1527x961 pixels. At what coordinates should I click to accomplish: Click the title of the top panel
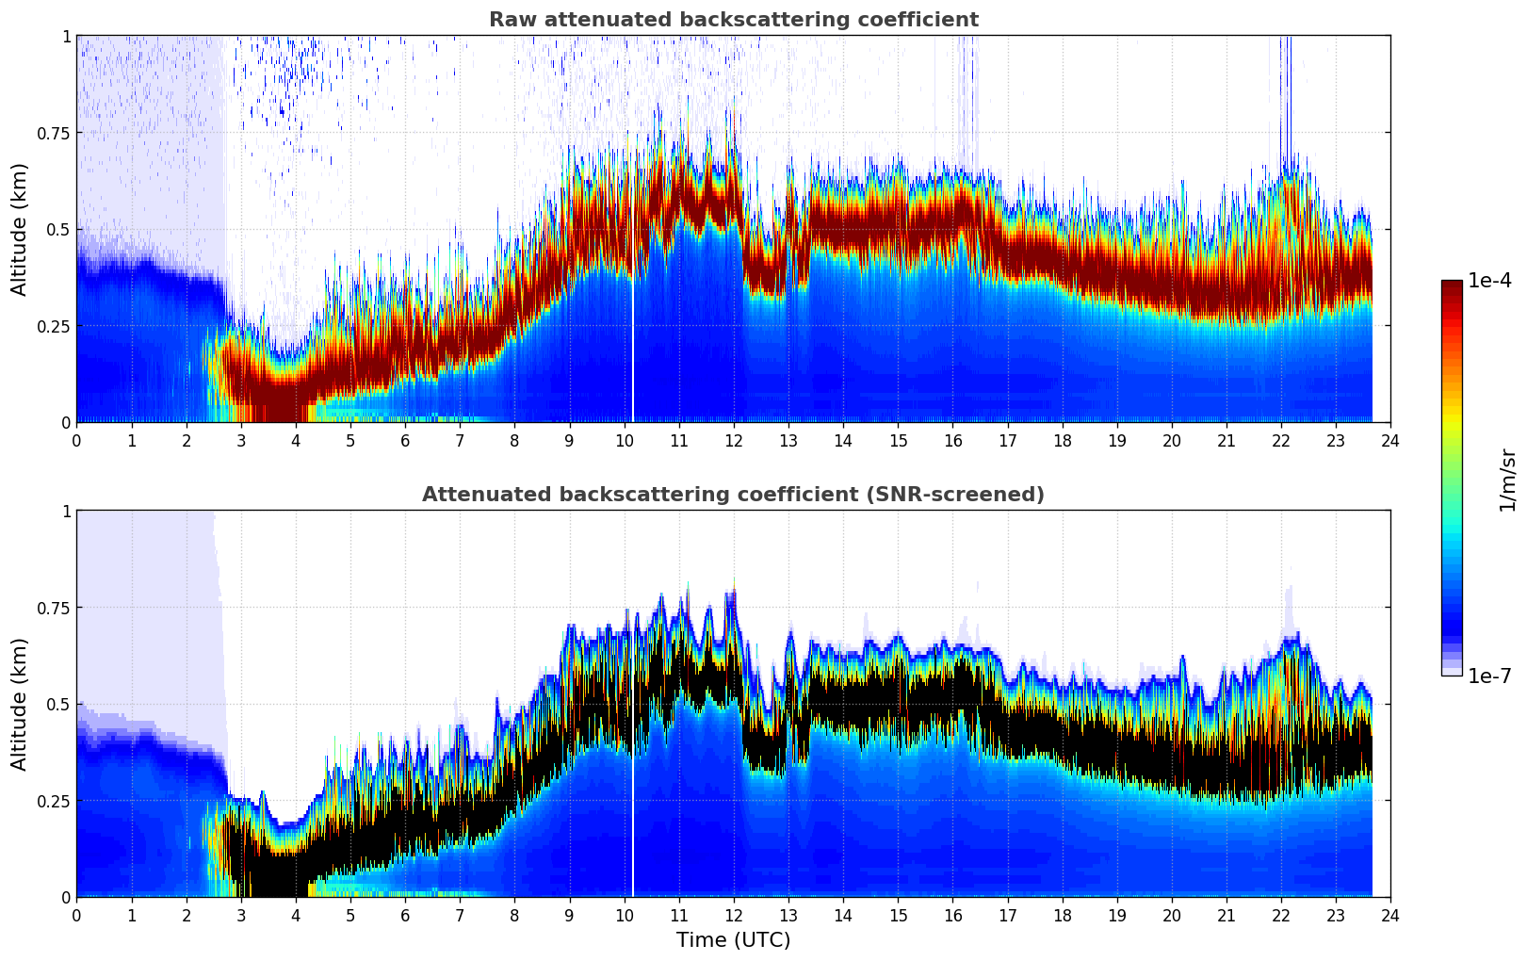(733, 20)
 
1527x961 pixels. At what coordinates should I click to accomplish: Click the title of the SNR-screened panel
(733, 495)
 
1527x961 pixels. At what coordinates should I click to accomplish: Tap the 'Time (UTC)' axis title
(733, 940)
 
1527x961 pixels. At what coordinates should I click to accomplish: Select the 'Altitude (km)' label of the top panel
(20, 229)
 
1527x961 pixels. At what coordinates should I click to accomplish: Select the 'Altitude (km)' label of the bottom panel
(20, 704)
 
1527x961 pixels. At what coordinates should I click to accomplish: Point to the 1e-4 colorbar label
(1489, 281)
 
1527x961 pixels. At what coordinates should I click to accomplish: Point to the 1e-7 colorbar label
(1489, 676)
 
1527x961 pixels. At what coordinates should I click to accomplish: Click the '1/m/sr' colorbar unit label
(1507, 480)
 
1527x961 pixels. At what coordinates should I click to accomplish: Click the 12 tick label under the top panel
(734, 440)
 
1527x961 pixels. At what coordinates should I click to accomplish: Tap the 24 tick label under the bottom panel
(1390, 915)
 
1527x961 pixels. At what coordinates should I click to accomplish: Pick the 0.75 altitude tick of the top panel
(54, 133)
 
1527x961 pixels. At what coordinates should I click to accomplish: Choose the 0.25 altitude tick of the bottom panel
(54, 801)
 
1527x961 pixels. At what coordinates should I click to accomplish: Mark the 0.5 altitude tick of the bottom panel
(58, 704)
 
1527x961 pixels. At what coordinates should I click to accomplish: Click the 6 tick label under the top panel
(405, 440)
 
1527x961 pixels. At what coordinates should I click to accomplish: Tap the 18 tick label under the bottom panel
(1062, 915)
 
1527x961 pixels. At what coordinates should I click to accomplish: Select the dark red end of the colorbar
(1451, 287)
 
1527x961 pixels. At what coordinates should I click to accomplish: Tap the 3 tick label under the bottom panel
(241, 915)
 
